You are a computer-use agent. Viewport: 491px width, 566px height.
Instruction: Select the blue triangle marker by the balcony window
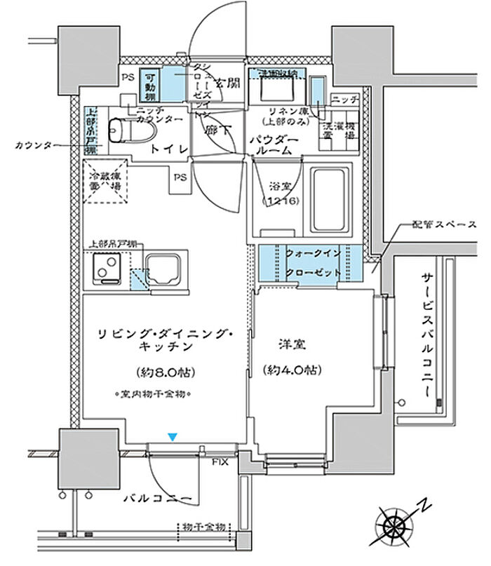(x=173, y=437)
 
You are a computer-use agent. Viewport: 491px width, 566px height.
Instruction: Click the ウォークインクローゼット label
(x=314, y=261)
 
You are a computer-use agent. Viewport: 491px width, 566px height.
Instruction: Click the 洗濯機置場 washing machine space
(x=339, y=133)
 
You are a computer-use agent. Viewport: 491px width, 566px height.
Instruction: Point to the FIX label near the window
(x=220, y=461)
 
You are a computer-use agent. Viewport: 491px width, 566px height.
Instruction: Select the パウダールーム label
(x=275, y=146)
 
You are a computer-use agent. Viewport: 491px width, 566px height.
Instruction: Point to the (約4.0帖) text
(x=292, y=370)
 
